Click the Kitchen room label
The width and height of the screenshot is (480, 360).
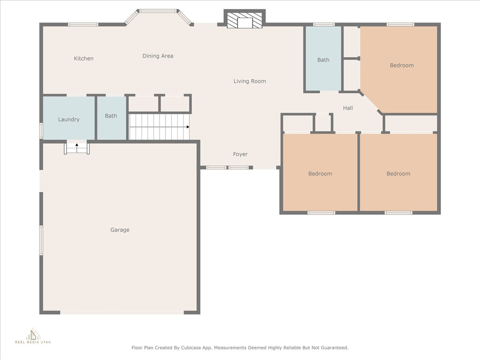click(83, 59)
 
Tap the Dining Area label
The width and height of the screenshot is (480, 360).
click(157, 56)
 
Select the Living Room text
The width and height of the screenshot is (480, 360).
click(249, 81)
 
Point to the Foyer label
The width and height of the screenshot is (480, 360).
click(240, 154)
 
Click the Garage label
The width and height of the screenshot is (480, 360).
click(120, 230)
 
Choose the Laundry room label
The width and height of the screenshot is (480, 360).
click(68, 120)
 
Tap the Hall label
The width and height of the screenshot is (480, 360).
click(348, 108)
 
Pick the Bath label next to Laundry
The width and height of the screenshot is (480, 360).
click(111, 116)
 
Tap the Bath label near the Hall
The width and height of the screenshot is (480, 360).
click(323, 60)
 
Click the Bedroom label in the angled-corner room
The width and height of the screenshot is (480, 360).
click(402, 65)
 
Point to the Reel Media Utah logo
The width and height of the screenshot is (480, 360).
click(33, 336)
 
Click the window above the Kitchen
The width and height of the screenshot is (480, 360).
click(83, 24)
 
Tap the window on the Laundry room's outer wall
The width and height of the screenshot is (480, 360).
click(41, 130)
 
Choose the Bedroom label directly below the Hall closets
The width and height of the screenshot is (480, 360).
click(320, 173)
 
